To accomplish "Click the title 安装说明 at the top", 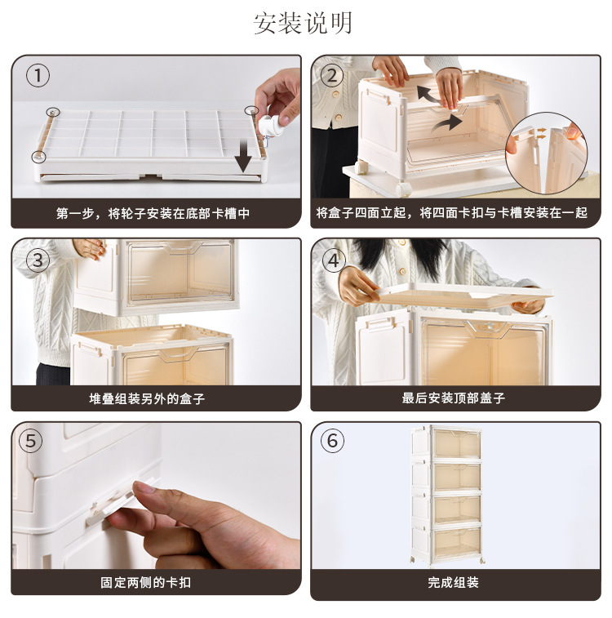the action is point(303,24).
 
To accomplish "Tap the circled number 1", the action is point(38,76).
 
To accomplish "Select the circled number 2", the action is point(332,76).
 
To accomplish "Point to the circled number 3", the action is point(38,260).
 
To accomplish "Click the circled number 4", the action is point(334,260).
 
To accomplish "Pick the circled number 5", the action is point(31,441).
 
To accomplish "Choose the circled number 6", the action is point(332,441).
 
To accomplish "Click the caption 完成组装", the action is point(454,582).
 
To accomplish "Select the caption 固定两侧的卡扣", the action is point(146,582).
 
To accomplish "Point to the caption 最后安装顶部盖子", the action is point(454,398).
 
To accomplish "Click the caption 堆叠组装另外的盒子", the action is point(147,398).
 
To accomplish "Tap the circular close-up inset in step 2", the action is point(547,153).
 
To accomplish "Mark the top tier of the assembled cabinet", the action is point(446,442).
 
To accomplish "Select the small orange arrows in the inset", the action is point(542,133).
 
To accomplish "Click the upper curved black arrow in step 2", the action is point(428,94).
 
